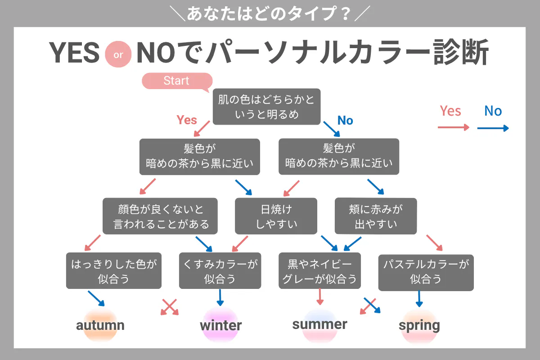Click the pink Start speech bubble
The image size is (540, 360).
(177, 81)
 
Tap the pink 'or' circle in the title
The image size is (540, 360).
(118, 54)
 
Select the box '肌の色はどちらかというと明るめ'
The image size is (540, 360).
(266, 107)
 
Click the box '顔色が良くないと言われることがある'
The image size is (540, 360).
(160, 216)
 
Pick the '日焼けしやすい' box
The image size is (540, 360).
(276, 216)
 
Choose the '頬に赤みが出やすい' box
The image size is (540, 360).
(376, 216)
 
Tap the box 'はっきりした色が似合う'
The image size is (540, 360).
(114, 270)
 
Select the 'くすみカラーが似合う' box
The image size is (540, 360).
(220, 270)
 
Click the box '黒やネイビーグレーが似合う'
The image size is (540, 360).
(319, 270)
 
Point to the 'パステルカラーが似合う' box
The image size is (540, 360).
(426, 273)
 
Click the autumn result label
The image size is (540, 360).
(100, 325)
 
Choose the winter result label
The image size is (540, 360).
(221, 325)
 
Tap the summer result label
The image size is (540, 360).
(319, 324)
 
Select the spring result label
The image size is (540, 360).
(419, 326)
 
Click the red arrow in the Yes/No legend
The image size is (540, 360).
(454, 127)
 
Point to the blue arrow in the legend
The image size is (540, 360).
(493, 128)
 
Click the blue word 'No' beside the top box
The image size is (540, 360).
(345, 120)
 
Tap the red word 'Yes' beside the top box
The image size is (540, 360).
(187, 120)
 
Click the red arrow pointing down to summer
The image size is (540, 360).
(320, 297)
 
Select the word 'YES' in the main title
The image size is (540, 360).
(74, 53)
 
